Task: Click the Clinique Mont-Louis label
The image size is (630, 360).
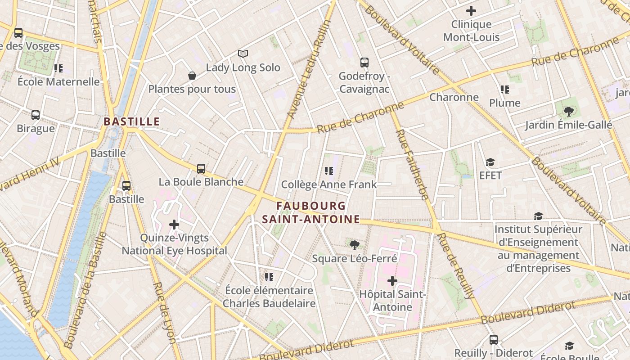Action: [471, 31]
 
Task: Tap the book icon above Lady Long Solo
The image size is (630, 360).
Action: [243, 54]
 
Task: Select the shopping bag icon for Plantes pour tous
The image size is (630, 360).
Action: [192, 76]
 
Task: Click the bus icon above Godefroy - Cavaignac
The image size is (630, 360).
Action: [364, 63]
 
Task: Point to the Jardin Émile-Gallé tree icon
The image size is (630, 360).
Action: [569, 111]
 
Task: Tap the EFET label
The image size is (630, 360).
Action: [490, 175]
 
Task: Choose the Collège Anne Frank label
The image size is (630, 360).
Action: [329, 184]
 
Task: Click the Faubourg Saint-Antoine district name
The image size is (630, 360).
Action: [311, 212]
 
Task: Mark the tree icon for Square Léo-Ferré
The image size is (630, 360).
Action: [355, 245]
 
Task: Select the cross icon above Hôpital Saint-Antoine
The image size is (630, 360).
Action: [392, 281]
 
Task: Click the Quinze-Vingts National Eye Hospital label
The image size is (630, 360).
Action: [175, 244]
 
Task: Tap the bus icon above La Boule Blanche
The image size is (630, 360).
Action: [201, 169]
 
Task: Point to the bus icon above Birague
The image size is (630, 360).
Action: [36, 115]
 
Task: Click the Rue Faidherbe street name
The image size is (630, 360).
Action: [411, 164]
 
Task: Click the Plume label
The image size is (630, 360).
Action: [505, 103]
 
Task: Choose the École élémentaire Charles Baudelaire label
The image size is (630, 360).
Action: [269, 297]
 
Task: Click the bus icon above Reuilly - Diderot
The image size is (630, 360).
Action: [494, 340]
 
